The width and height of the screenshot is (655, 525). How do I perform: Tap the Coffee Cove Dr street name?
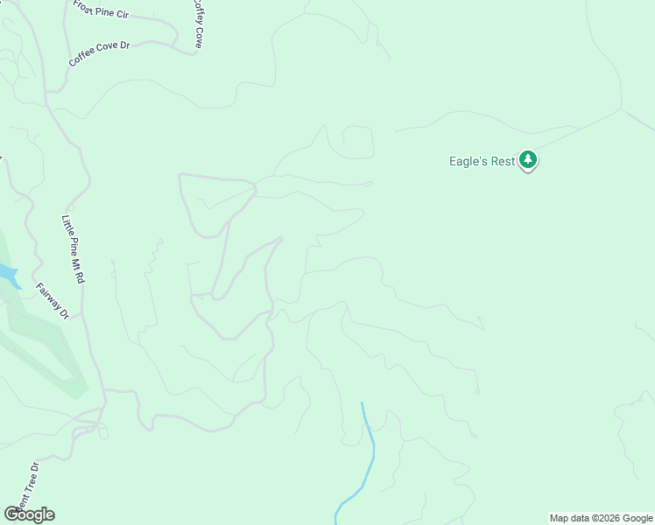[99, 52]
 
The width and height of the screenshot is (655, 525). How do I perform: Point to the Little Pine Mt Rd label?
[74, 248]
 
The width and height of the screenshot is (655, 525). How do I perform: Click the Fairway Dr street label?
[52, 300]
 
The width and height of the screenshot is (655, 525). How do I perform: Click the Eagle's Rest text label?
[481, 160]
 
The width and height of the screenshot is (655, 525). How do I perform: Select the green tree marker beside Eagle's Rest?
[527, 159]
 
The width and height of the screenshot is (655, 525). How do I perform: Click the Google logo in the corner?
[29, 514]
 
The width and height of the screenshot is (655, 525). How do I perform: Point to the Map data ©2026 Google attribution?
[600, 518]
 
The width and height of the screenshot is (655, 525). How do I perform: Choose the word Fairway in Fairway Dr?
[48, 295]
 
